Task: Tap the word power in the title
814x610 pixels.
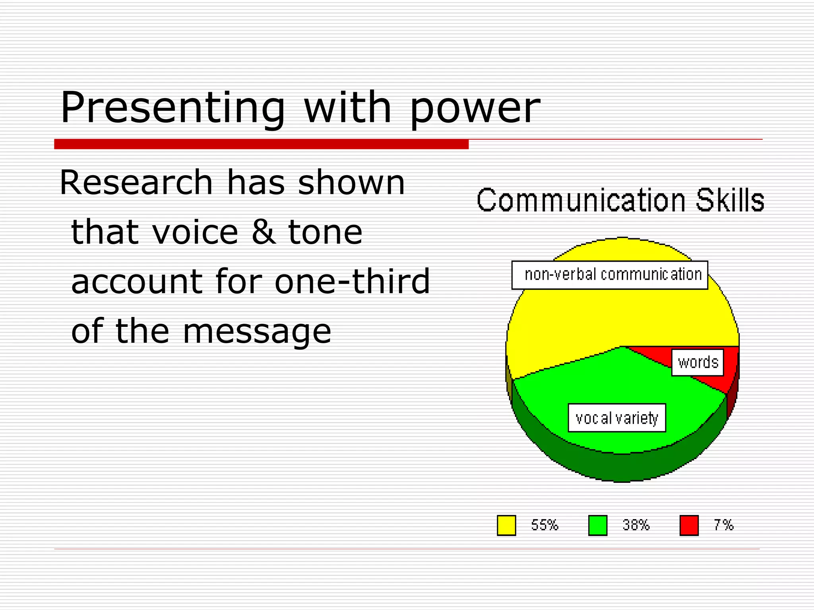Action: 475,109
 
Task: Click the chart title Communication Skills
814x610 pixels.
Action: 620,200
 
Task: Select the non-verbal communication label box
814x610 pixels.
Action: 609,275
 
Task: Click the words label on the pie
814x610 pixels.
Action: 698,362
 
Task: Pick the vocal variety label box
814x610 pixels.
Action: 616,418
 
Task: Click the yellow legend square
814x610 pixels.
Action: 506,525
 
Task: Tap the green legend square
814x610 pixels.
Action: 597,525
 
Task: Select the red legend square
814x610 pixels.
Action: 689,525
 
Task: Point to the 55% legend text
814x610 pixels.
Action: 545,525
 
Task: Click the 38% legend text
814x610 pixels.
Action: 636,525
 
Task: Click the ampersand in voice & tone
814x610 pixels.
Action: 264,232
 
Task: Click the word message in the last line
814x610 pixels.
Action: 257,332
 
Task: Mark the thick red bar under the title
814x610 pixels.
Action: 261,144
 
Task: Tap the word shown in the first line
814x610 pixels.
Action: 351,183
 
